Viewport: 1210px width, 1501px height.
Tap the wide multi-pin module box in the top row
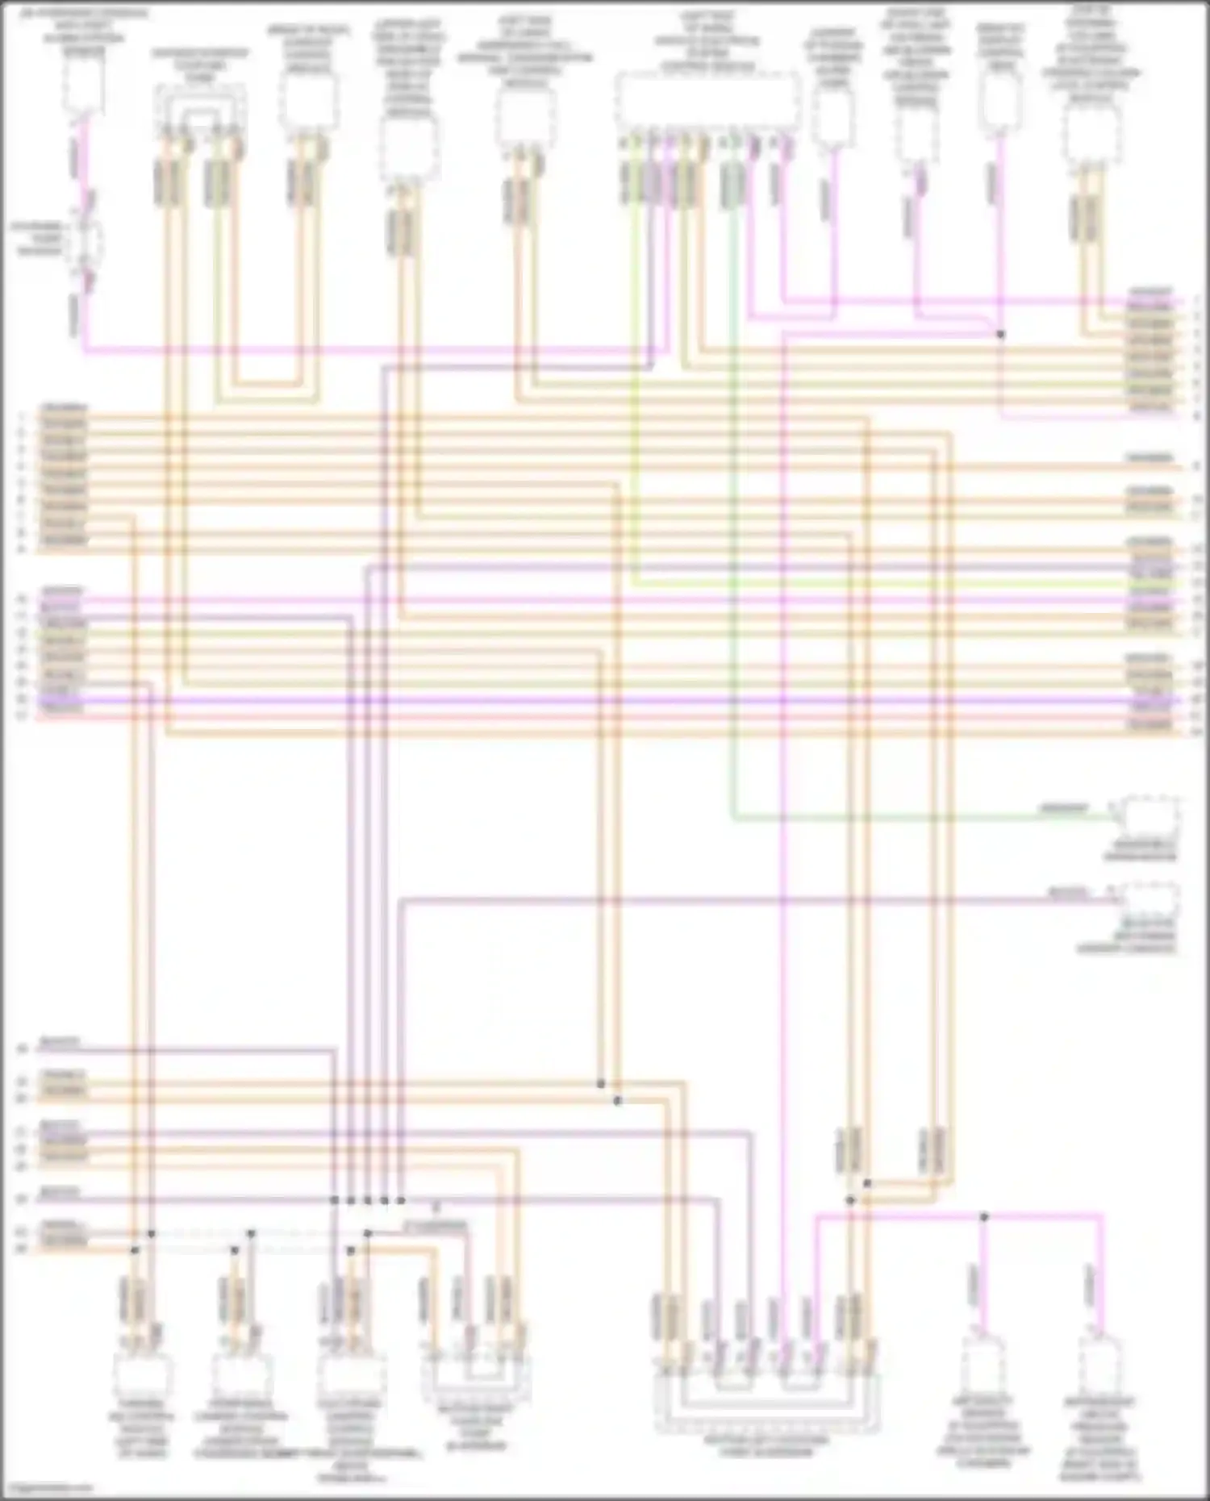coord(708,102)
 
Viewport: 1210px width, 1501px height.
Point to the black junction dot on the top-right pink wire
coord(1001,334)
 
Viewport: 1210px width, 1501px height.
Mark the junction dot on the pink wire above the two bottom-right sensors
coord(983,1216)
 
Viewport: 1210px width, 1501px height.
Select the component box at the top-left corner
coord(84,85)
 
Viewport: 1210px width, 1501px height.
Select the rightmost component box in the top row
coord(1093,133)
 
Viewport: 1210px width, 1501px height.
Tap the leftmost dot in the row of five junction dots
coord(335,1200)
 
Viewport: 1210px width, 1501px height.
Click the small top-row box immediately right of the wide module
coord(833,118)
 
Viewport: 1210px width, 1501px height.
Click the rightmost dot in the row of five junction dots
coord(401,1200)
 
